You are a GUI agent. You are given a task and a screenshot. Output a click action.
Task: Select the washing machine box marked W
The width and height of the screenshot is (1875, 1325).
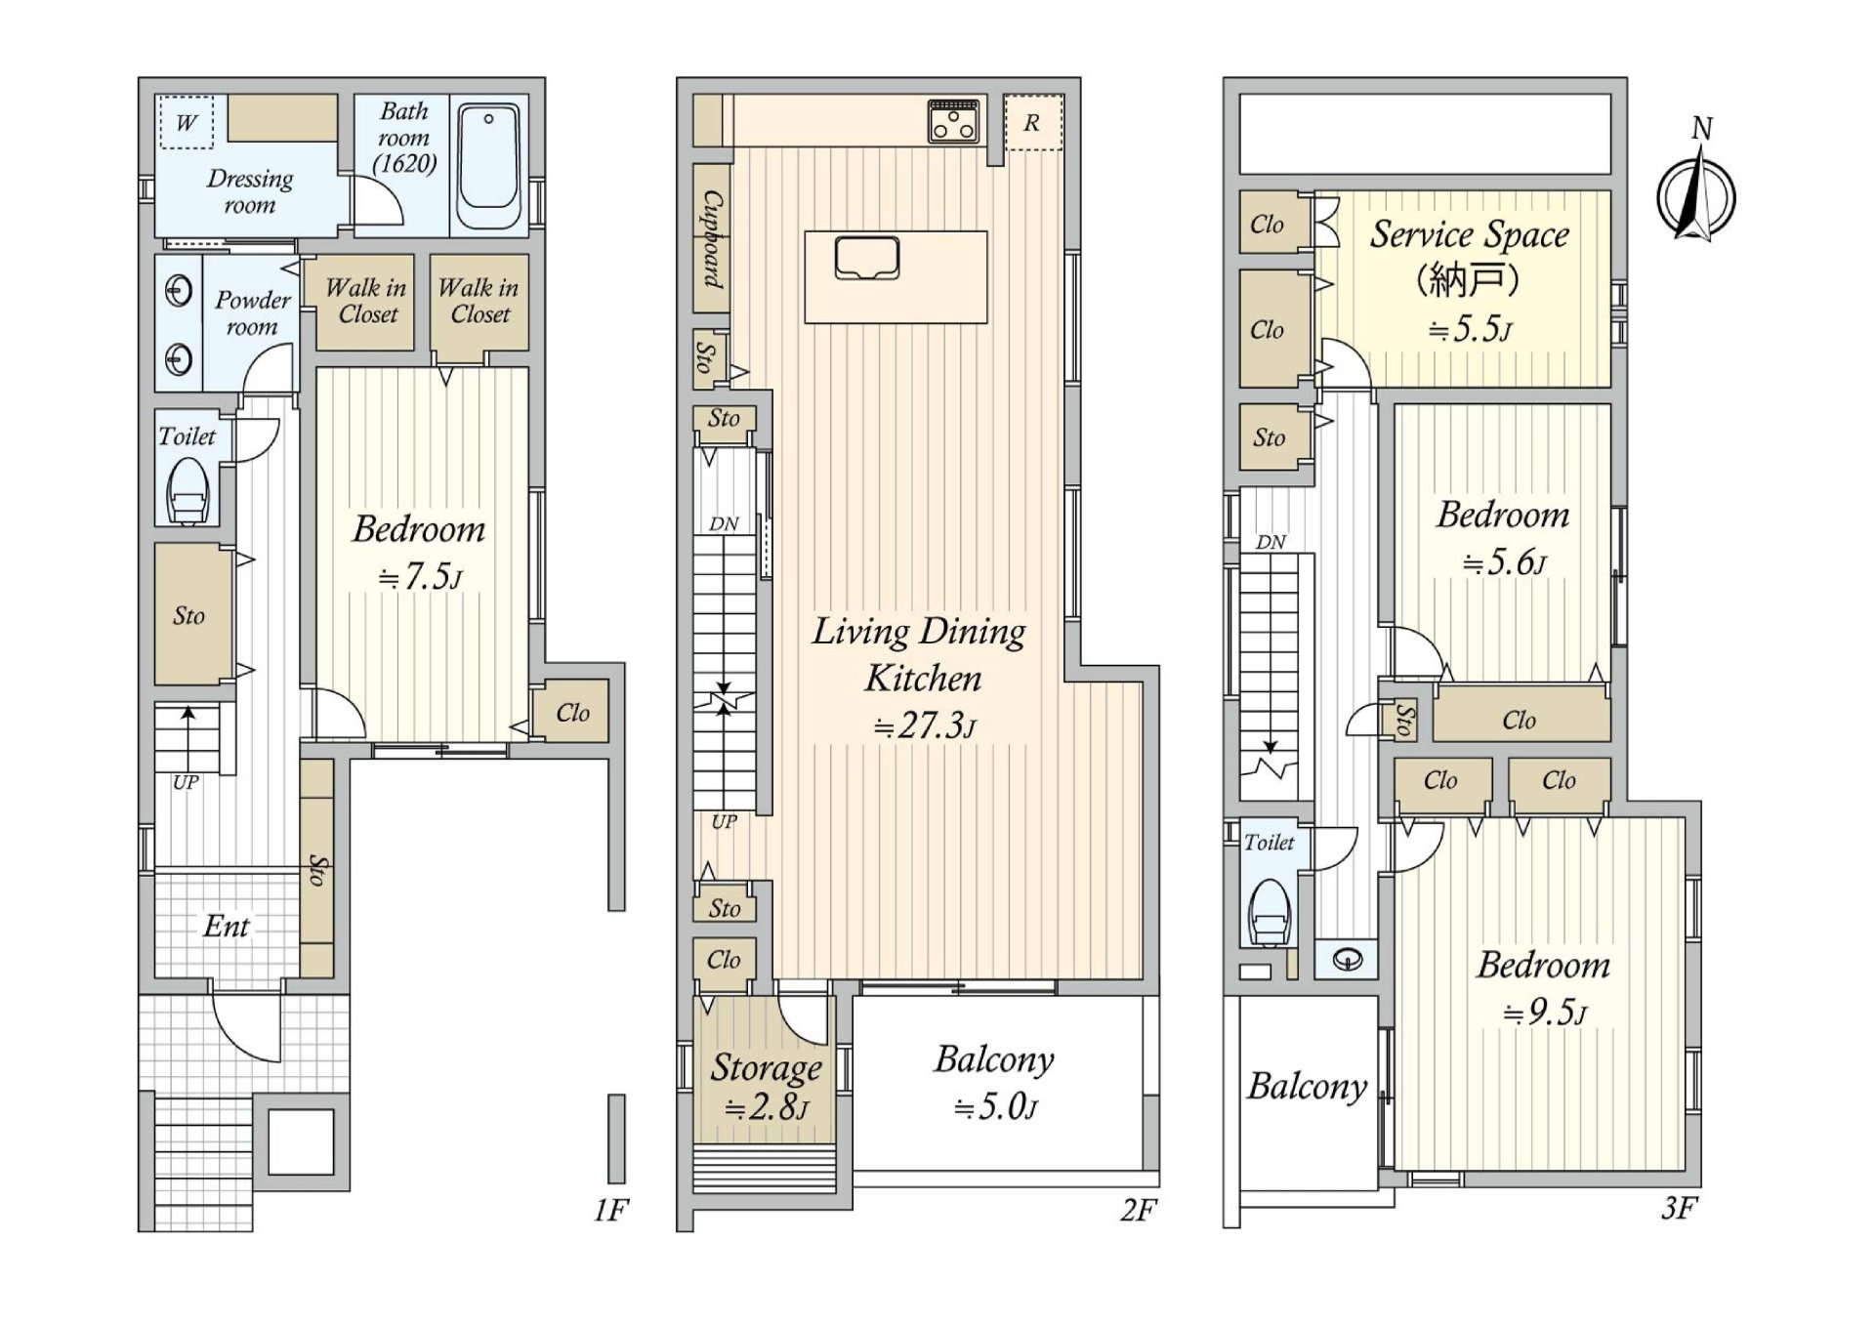point(186,122)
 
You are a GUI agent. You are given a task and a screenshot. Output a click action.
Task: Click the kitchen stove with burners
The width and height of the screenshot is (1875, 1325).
point(953,121)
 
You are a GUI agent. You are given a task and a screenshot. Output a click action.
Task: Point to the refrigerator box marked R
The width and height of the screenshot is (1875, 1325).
point(1033,123)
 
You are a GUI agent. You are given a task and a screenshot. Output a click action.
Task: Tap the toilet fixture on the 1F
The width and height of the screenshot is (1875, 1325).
point(187,491)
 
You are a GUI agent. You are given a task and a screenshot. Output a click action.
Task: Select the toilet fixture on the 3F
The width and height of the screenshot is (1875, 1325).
point(1270,913)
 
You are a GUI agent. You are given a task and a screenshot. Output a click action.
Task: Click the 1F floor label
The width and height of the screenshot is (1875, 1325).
point(611,1211)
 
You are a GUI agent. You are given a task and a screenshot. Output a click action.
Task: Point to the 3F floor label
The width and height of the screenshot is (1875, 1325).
point(1680,1209)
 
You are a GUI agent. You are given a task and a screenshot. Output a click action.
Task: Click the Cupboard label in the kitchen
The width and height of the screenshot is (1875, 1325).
point(713,239)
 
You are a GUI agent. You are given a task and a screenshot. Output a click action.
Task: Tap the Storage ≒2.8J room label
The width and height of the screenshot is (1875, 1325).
point(766,1086)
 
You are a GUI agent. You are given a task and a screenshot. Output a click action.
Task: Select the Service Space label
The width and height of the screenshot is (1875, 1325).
point(1469,234)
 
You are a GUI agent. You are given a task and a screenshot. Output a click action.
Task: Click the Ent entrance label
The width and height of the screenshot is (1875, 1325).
point(227,926)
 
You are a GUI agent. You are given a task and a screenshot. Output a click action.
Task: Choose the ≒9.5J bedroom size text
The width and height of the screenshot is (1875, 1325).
point(1545,1012)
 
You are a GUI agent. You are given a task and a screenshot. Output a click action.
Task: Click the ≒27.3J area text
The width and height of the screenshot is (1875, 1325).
point(924,725)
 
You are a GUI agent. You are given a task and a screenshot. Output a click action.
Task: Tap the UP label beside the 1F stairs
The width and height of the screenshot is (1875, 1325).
point(186,782)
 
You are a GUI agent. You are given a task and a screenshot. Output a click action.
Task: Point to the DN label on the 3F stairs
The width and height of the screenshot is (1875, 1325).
point(1271,542)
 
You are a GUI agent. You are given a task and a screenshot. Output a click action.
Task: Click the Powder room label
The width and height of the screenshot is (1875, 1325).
point(252,313)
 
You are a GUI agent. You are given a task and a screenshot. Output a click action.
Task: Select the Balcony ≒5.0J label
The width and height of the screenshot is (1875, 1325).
point(994,1083)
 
